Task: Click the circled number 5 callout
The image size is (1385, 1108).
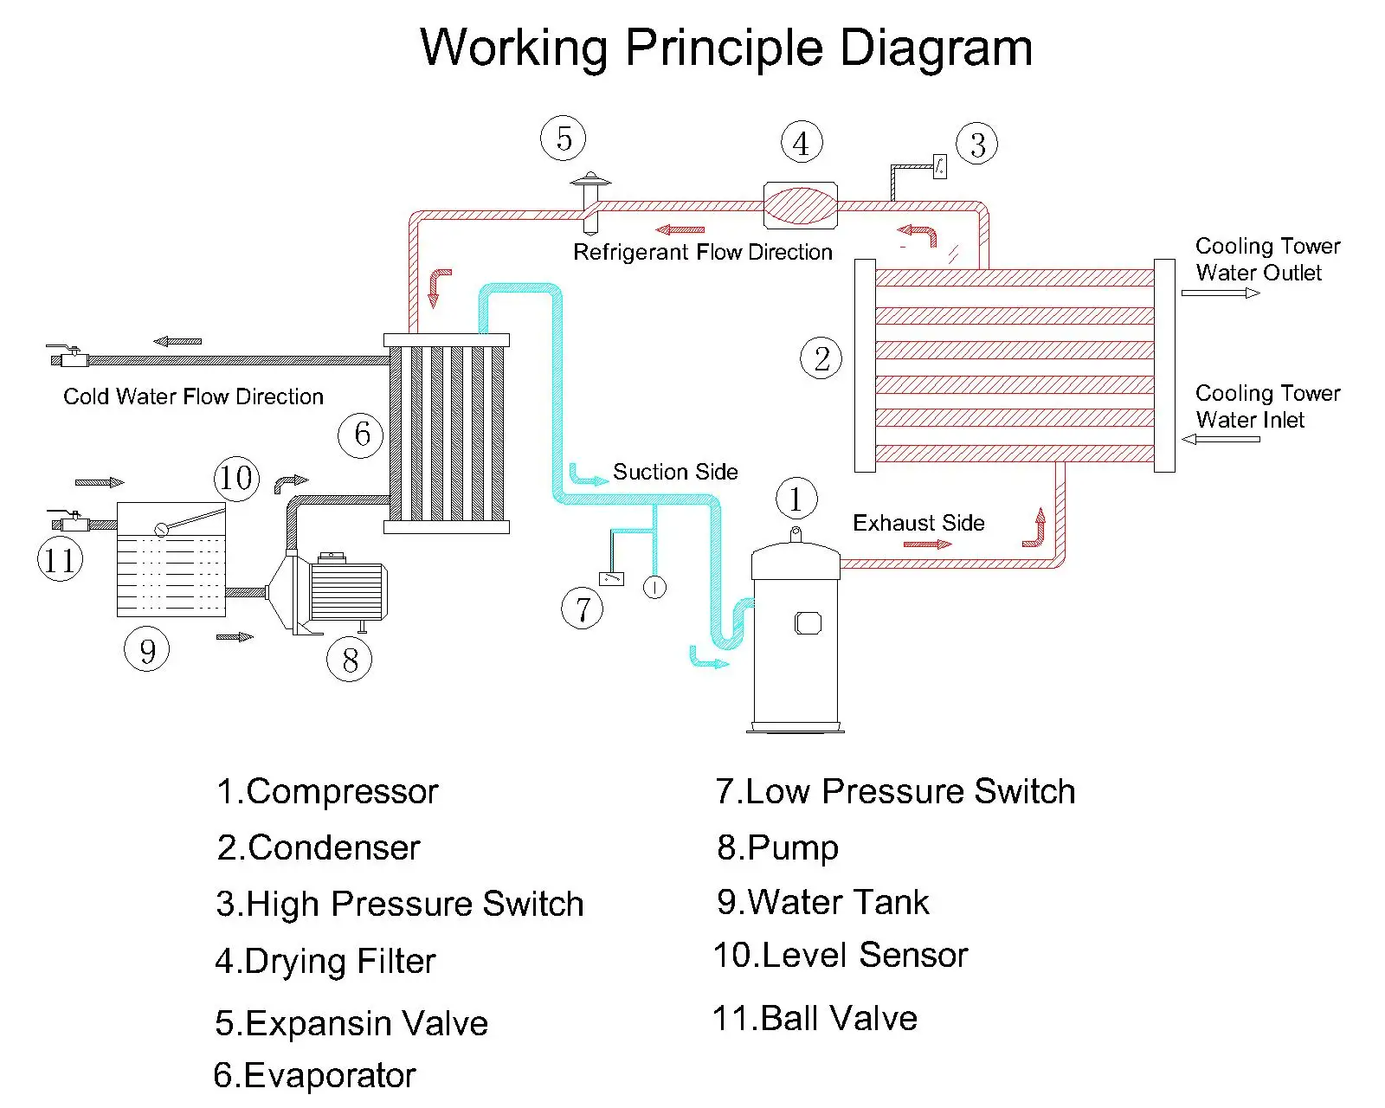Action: click(564, 138)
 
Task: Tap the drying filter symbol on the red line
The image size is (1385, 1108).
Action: click(800, 205)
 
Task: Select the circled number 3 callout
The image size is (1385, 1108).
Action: click(977, 144)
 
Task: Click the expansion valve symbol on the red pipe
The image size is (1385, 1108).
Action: click(590, 203)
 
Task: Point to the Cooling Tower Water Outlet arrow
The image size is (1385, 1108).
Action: click(1221, 293)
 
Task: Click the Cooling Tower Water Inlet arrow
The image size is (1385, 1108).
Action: click(1221, 439)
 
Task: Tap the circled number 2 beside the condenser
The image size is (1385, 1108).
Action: click(821, 358)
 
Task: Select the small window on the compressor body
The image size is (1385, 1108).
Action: click(808, 623)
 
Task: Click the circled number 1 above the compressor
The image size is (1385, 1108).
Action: click(796, 499)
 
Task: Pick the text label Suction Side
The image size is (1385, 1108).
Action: click(675, 472)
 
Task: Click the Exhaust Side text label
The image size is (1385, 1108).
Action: click(918, 523)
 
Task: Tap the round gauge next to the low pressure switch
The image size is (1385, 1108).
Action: click(654, 587)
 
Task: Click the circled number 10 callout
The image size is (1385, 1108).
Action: click(236, 479)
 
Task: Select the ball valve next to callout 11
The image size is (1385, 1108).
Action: click(69, 521)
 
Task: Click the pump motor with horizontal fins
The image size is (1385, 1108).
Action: click(348, 589)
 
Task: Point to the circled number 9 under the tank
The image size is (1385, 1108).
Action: click(147, 649)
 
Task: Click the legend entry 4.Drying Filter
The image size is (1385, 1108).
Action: click(325, 962)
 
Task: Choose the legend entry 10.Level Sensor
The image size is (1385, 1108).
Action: click(841, 955)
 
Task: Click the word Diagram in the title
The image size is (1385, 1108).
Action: click(937, 48)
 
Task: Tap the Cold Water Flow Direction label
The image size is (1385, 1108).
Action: click(193, 396)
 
